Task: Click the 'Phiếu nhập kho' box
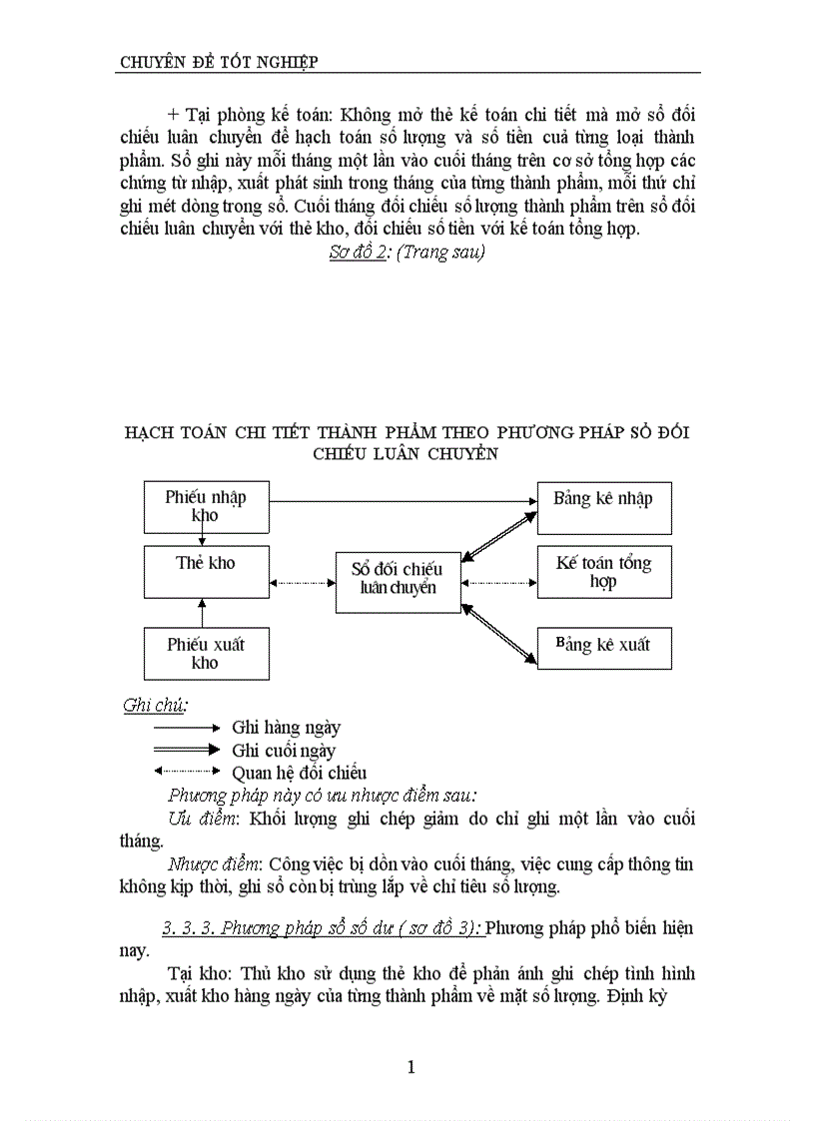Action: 206,506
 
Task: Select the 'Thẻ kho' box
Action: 206,571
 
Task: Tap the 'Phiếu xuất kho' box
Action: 206,653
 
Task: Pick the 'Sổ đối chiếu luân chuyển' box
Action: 399,580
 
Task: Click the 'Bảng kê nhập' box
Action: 603,507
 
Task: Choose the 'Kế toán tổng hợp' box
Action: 603,571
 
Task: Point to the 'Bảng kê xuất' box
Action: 603,647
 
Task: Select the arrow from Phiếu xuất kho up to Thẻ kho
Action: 203,612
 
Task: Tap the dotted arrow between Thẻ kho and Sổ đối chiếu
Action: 303,582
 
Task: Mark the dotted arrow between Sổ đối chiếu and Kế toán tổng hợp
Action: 499,582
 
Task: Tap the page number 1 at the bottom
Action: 410,1067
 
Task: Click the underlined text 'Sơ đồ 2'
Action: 358,253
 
